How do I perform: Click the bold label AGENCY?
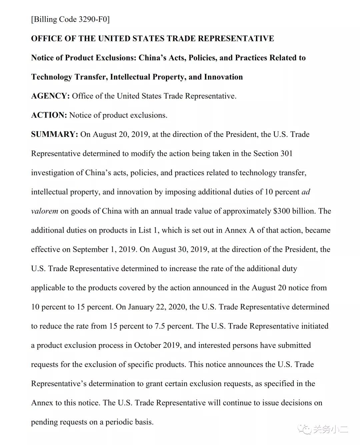coord(50,96)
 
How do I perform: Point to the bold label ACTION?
coord(49,115)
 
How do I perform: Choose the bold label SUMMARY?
coord(54,135)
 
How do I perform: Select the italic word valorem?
coord(44,211)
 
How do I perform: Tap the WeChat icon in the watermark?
coord(304,429)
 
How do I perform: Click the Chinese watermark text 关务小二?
coord(330,429)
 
